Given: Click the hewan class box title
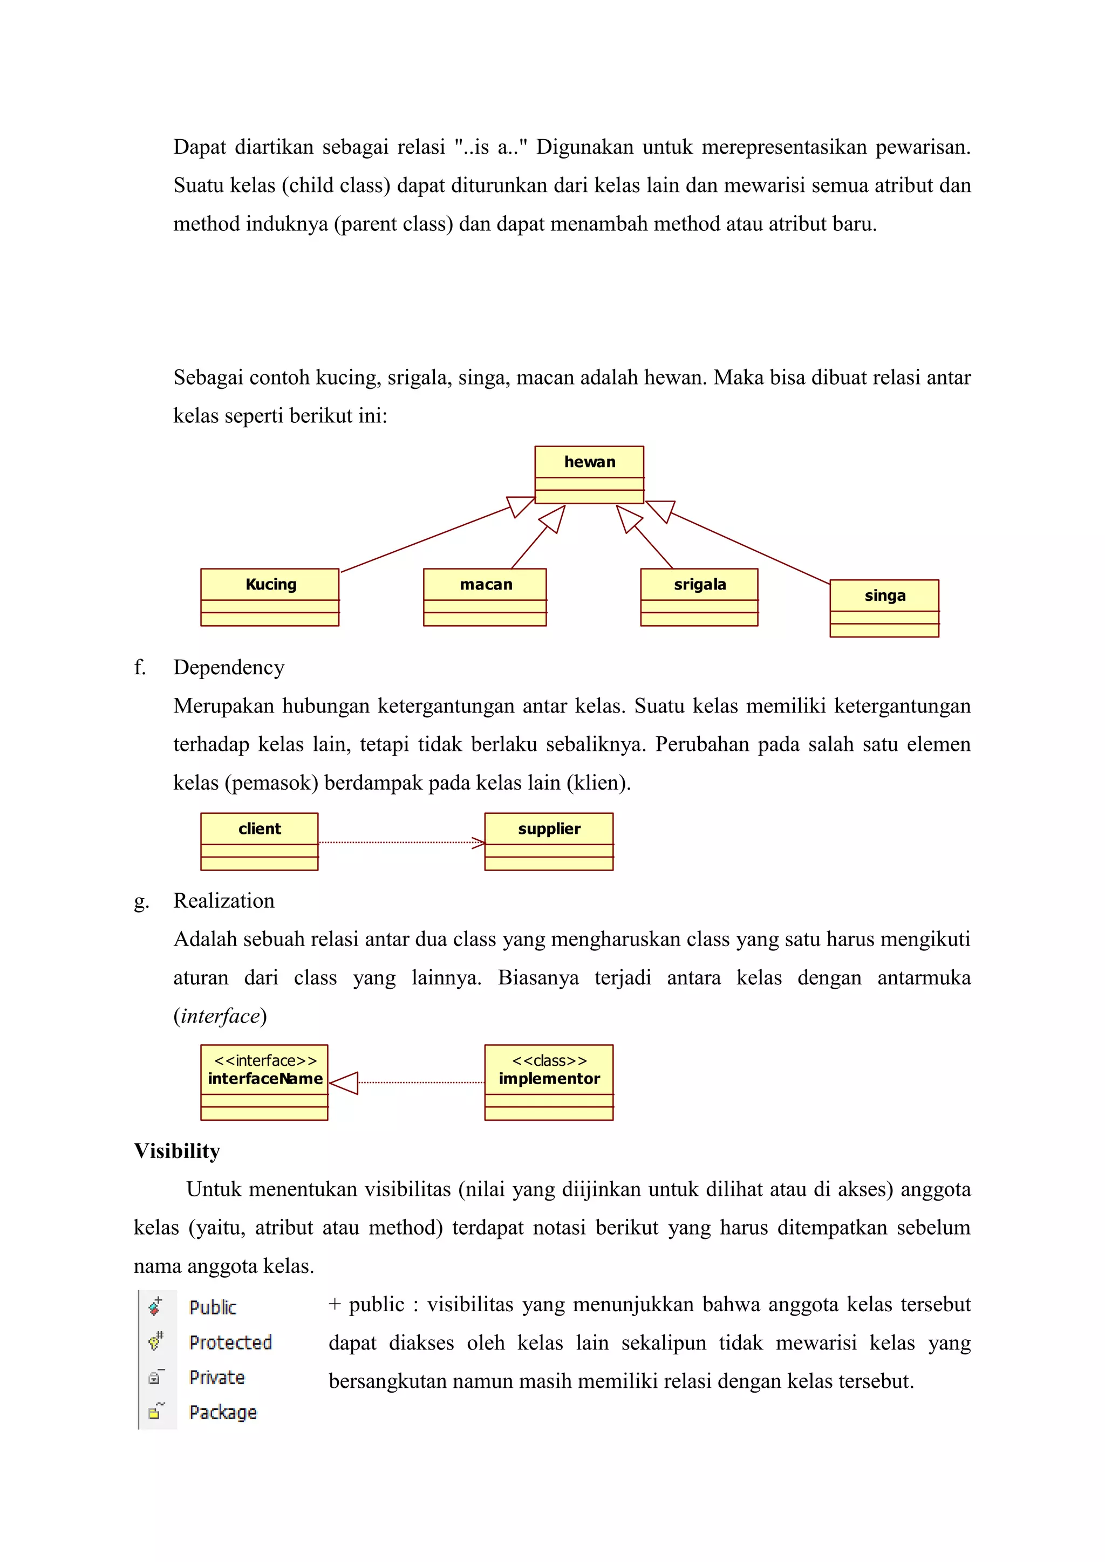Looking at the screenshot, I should (589, 462).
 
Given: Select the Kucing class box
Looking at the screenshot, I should (270, 597).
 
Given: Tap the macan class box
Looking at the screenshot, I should (485, 597).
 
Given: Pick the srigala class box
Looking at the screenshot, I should (699, 597).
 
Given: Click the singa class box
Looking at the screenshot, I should (884, 607).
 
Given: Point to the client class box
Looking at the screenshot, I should (259, 841).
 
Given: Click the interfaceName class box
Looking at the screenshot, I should (265, 1082).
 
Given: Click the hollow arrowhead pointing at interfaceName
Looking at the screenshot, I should (345, 1083).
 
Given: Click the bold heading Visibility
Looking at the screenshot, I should (177, 1151).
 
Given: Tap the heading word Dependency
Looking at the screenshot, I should (229, 667).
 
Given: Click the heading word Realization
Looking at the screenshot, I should (224, 901).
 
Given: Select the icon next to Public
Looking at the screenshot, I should (155, 1306).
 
